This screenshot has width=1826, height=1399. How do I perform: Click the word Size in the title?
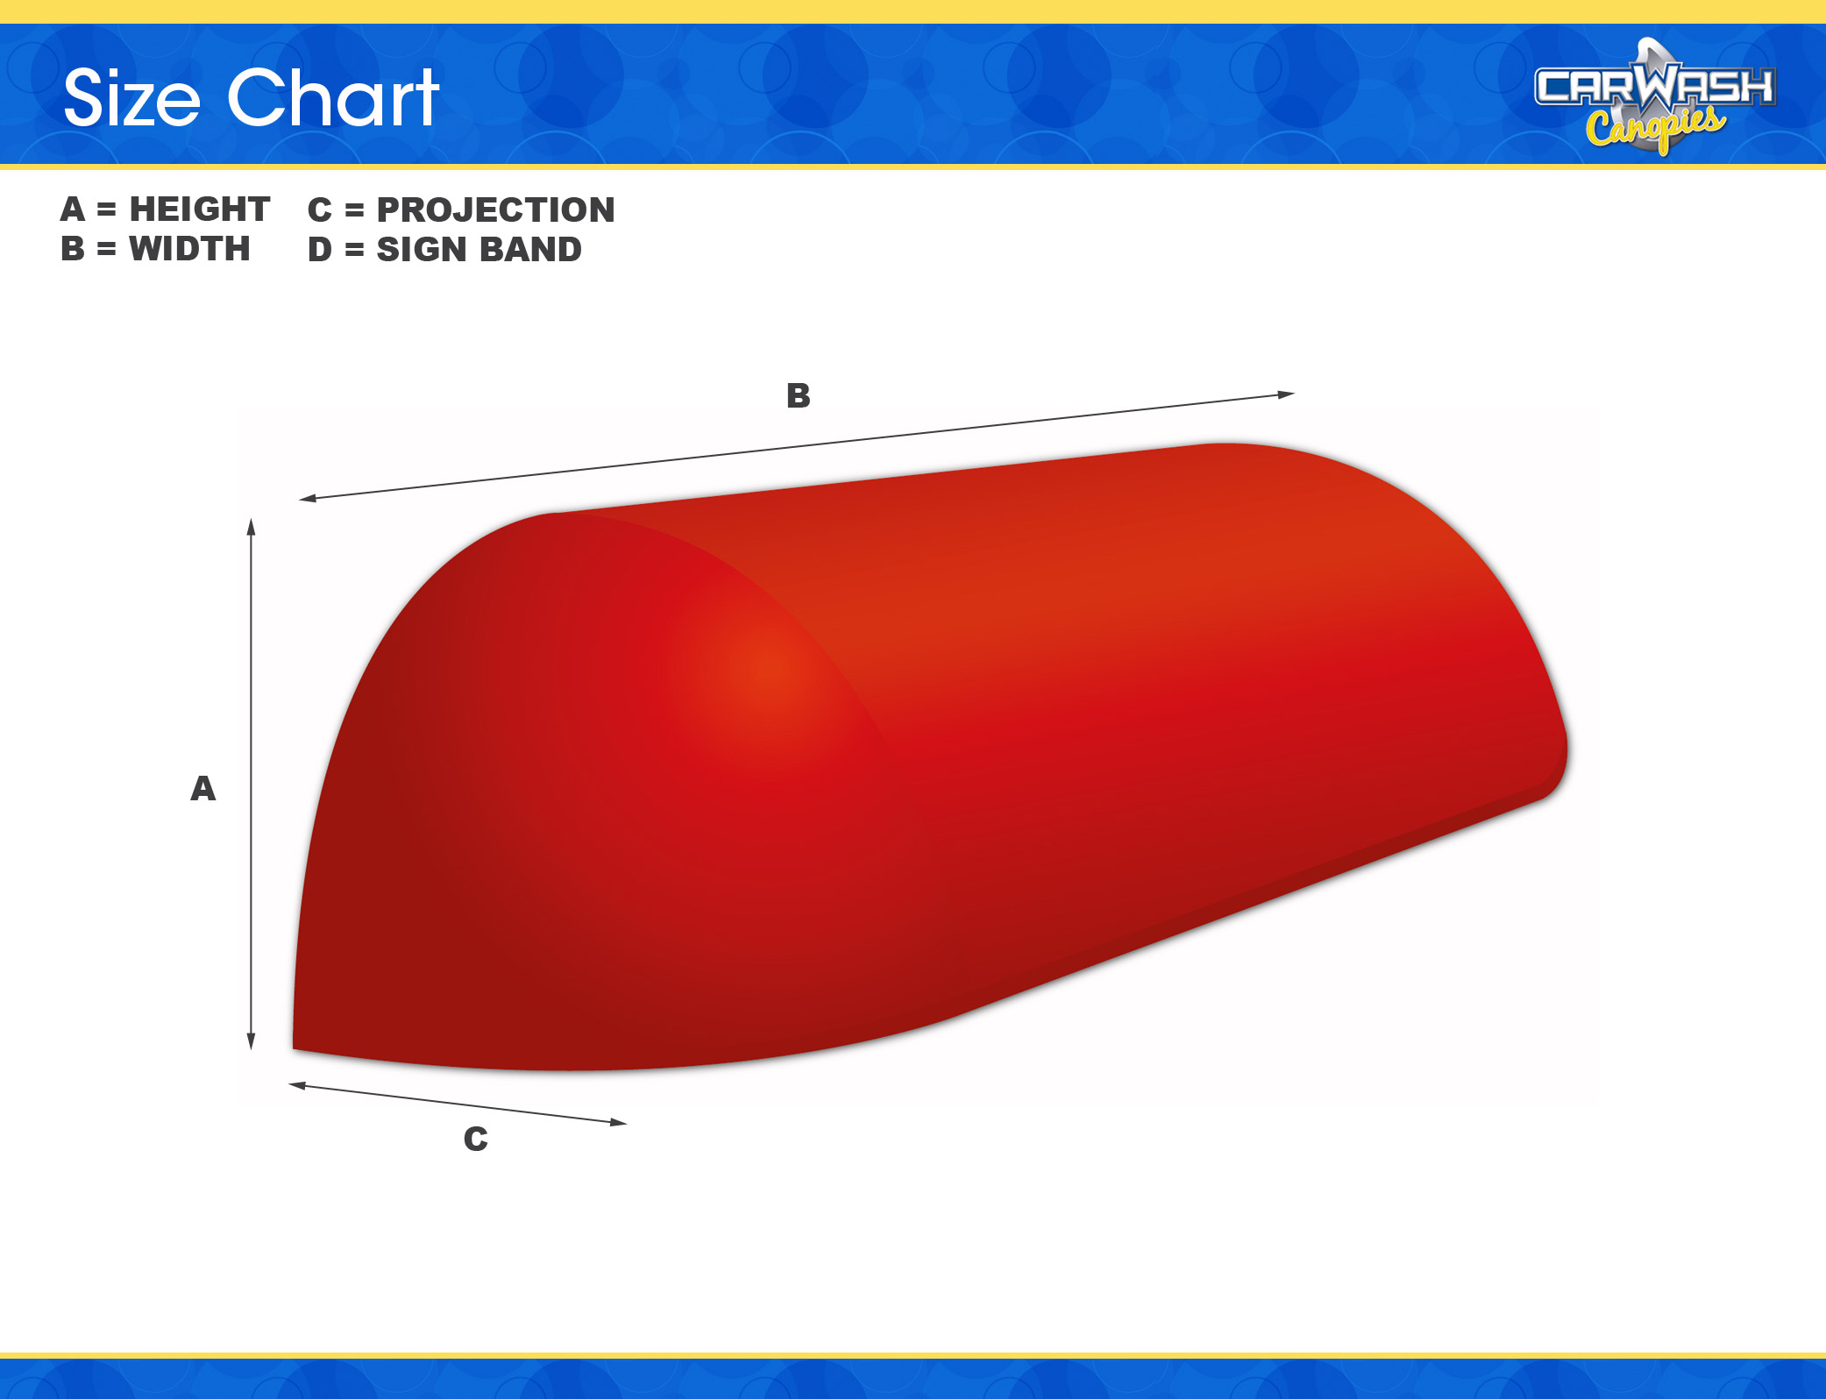[132, 98]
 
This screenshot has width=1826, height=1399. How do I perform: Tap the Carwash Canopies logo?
[1655, 96]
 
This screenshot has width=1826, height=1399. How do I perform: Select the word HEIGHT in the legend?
[200, 209]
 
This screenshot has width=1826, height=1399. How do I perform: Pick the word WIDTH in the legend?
[189, 249]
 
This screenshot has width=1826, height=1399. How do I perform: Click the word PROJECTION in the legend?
[496, 210]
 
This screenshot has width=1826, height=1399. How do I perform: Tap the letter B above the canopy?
[799, 396]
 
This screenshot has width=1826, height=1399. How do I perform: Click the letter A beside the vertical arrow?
[203, 789]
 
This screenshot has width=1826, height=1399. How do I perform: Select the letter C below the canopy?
[476, 1139]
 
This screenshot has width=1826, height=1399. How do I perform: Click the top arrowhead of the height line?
[251, 526]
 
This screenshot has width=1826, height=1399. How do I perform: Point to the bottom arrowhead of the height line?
[251, 1041]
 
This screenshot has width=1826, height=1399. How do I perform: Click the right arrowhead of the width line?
[1286, 395]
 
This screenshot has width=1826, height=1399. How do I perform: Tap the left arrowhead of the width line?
[308, 499]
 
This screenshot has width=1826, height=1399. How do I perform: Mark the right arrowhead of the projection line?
[619, 1122]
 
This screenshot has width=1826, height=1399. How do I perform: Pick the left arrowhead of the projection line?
[297, 1086]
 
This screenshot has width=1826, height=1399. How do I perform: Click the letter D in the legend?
[320, 250]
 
